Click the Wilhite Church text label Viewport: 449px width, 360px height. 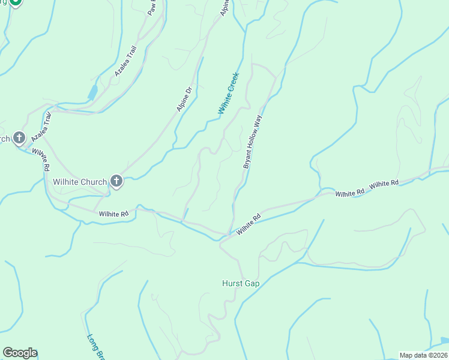[79, 181]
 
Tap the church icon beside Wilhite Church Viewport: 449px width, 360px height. [116, 181]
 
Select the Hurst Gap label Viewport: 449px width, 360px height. [240, 283]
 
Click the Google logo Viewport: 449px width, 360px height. [20, 353]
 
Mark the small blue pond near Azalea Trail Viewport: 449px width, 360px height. [92, 92]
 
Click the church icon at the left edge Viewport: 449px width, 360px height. [19, 139]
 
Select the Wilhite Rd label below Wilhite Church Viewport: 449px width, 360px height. [114, 214]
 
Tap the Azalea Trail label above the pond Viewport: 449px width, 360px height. [126, 61]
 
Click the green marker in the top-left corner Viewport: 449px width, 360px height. [16, 2]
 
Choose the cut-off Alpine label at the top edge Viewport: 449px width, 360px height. [224, 7]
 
